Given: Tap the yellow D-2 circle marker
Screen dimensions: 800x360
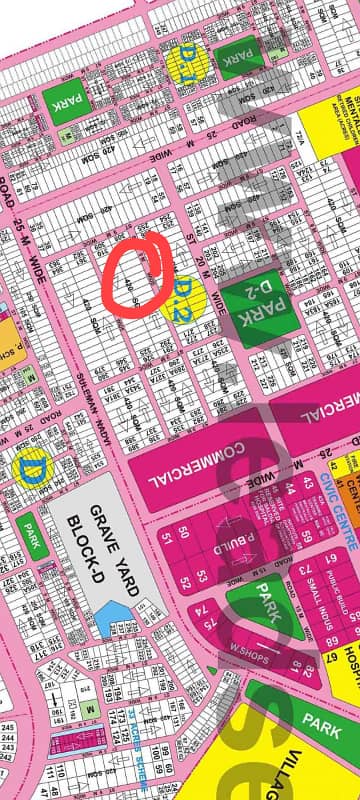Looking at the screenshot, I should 184,296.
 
